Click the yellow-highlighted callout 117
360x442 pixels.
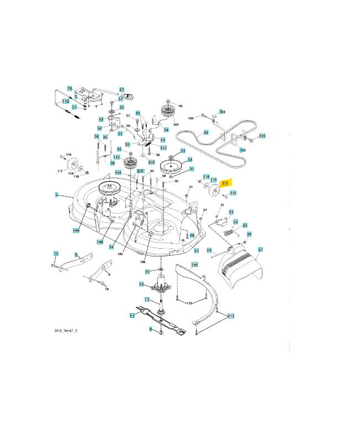tap(224, 183)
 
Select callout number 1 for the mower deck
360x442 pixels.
tap(56, 195)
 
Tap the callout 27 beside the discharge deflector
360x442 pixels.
tap(261, 250)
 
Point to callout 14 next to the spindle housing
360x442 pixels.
tap(141, 285)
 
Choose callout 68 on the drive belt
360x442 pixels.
tap(206, 133)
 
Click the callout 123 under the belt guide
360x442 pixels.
tap(242, 150)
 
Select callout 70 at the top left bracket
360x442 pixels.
tap(70, 88)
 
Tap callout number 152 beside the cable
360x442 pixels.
tap(65, 101)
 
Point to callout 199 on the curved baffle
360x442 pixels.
tap(194, 265)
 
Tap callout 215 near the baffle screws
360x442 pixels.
tap(231, 316)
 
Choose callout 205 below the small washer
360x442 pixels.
tap(151, 162)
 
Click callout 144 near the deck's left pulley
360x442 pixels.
tap(118, 172)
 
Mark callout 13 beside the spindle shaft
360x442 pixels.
tap(147, 299)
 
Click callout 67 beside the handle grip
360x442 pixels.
tap(121, 89)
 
